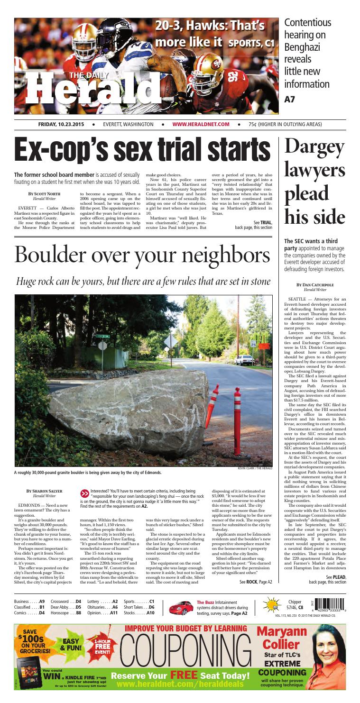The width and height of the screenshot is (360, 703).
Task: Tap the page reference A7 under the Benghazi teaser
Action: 289,100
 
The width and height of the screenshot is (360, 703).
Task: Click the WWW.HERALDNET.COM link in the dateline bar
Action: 201,124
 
